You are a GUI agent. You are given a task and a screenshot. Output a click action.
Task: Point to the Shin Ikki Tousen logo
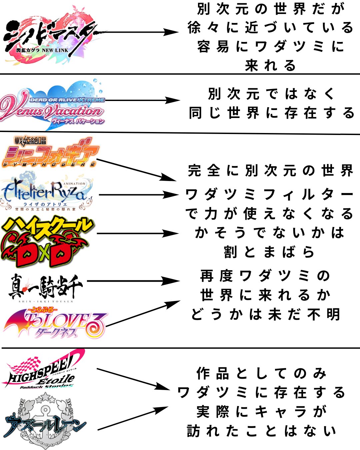[45, 287]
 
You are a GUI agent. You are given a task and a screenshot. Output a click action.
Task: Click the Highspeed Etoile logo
[43, 370]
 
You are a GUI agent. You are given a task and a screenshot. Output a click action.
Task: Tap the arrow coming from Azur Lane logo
[133, 418]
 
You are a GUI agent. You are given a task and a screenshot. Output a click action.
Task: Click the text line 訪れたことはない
[262, 431]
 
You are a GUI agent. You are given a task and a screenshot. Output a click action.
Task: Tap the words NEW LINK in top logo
[55, 50]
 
